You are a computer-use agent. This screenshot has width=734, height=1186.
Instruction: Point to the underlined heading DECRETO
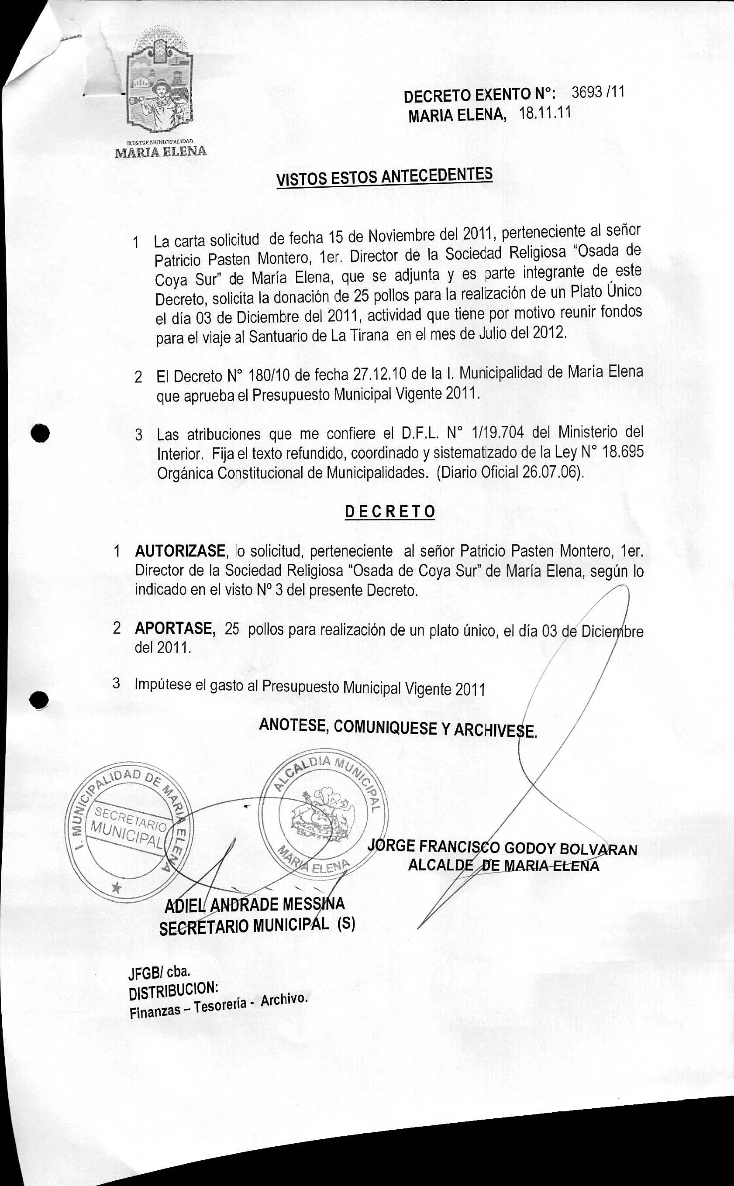[x=389, y=512]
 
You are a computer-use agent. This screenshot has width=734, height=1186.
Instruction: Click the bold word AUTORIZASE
[x=180, y=551]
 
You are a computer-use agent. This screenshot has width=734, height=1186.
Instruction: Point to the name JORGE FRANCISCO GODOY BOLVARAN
[x=503, y=847]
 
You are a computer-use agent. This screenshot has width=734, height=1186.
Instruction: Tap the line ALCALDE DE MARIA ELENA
[x=503, y=865]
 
